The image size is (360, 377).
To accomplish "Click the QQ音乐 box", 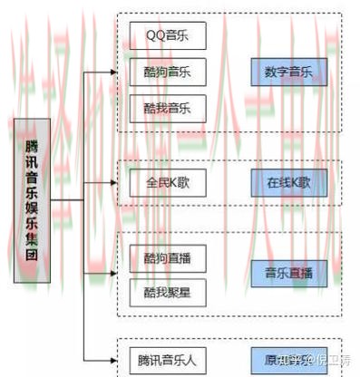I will click(169, 36).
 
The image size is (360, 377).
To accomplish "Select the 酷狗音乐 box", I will click(169, 72).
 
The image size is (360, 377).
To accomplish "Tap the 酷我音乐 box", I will click(169, 108).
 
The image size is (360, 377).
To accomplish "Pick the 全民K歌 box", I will click(169, 183).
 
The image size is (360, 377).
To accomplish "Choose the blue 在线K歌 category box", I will click(288, 183).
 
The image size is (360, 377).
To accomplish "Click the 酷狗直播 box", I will click(169, 257).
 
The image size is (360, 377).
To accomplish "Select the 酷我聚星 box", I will click(169, 292).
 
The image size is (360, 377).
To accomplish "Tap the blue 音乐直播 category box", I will click(288, 273).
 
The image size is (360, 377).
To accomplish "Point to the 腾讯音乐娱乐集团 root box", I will click(32, 198).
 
